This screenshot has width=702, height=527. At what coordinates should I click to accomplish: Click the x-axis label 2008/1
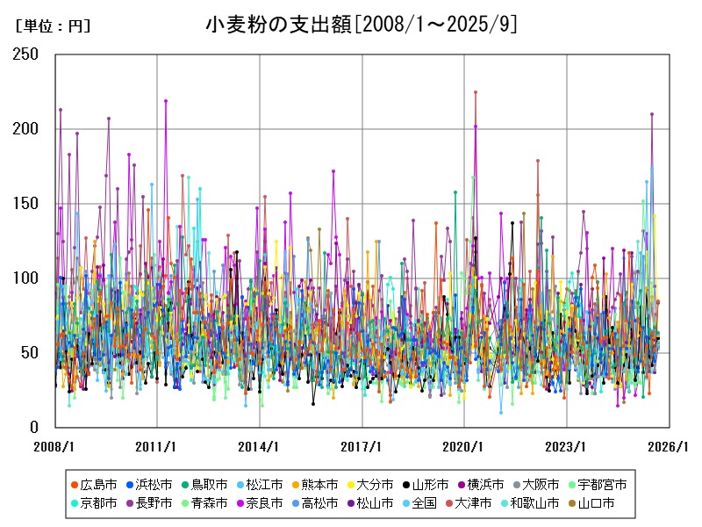point(55,446)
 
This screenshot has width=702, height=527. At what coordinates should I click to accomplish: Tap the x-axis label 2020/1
point(464,446)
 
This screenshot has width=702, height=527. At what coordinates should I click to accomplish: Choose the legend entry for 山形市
point(429,485)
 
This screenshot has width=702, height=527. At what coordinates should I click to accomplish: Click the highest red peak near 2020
point(476,92)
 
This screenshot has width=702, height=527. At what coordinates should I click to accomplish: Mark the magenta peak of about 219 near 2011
point(166,101)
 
